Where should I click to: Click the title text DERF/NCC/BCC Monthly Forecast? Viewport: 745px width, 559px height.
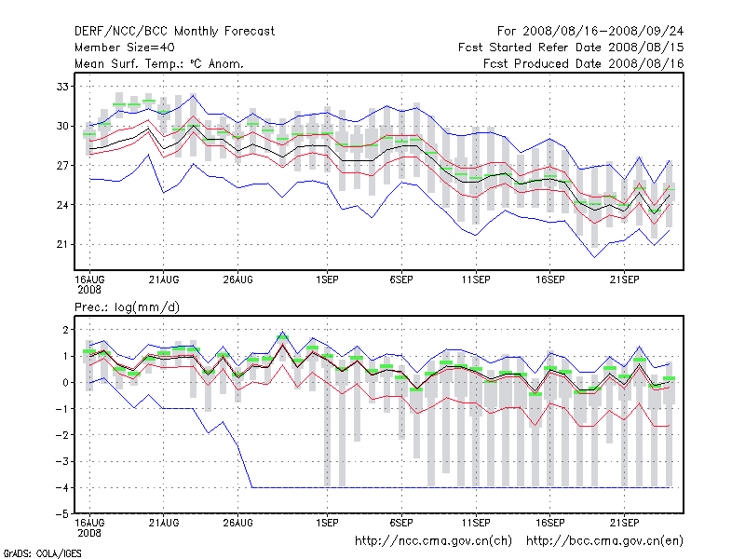point(174,31)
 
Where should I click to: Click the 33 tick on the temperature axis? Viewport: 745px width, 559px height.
point(62,86)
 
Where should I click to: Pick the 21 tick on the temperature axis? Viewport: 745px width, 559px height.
point(62,244)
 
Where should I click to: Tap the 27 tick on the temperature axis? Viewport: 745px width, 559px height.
point(62,165)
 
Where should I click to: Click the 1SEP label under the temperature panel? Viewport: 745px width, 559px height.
point(327,279)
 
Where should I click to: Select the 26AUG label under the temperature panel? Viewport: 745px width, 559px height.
point(238,279)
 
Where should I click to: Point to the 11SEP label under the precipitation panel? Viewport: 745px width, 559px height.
point(476,523)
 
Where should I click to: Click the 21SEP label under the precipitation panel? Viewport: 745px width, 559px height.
point(624,523)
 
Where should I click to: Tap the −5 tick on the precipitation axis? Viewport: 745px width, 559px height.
point(61,513)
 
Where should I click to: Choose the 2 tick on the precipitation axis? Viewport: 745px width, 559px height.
point(64,330)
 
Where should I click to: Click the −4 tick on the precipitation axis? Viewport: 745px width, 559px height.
point(61,487)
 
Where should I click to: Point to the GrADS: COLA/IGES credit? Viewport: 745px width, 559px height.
point(43,552)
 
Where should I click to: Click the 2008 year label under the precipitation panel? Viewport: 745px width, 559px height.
point(88,533)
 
